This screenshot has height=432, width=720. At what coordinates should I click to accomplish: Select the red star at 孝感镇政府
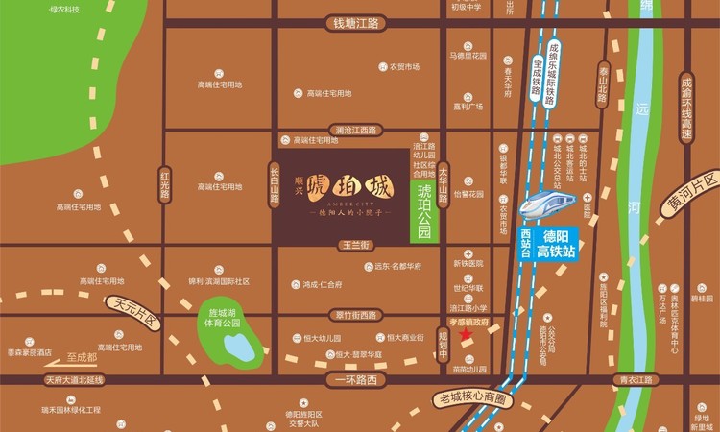pyautogui.click(x=467, y=334)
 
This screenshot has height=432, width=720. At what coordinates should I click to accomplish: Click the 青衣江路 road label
pyautogui.click(x=636, y=380)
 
